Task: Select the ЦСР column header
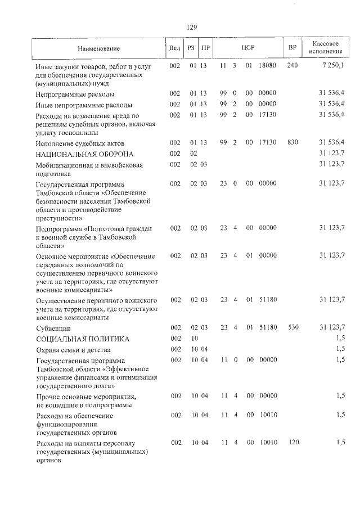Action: tap(248, 47)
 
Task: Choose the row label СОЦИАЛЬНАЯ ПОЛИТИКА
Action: tap(83, 339)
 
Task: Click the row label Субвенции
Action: tap(53, 327)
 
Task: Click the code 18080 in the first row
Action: tap(267, 66)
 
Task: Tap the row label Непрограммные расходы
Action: tap(75, 94)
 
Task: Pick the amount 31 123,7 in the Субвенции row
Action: tap(332, 327)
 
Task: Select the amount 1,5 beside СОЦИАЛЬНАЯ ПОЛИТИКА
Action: tap(340, 339)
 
